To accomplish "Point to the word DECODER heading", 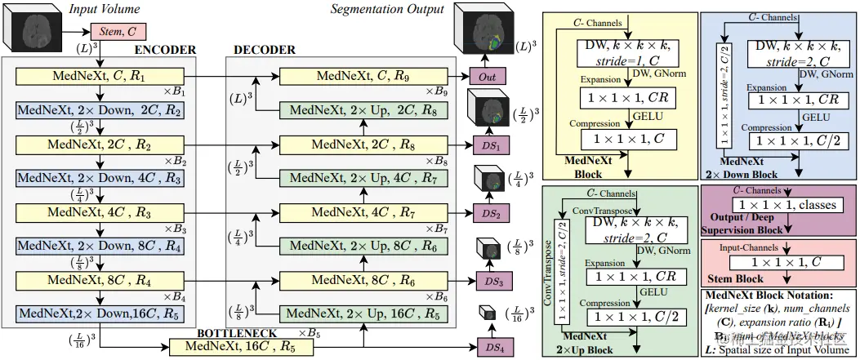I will [x=265, y=50].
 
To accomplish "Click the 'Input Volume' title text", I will [x=105, y=8].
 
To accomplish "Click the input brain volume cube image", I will [x=34, y=31].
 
